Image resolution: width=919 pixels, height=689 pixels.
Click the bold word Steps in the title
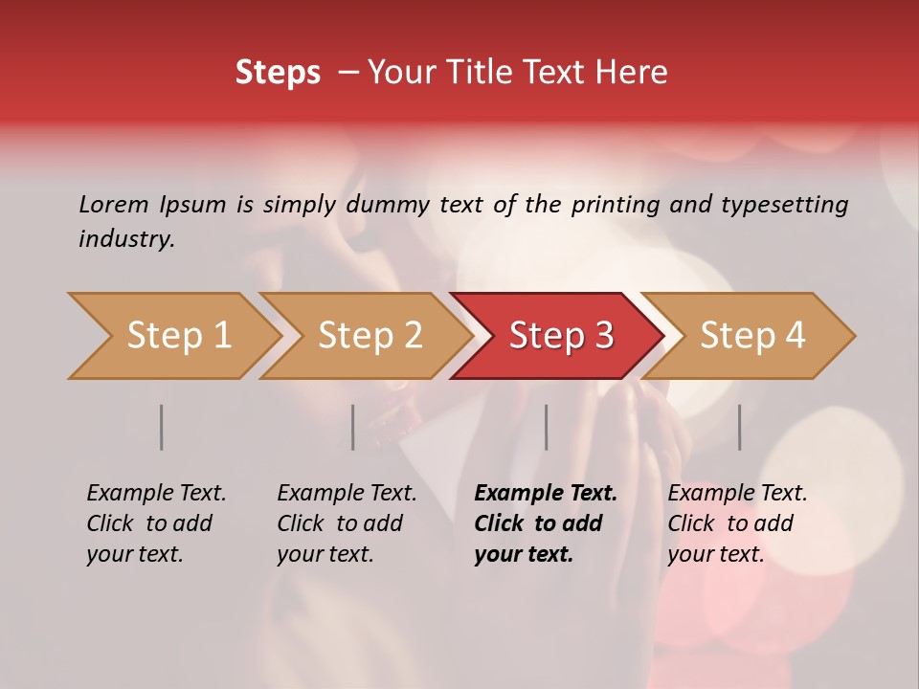[278, 73]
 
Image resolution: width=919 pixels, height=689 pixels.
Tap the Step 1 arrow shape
[176, 336]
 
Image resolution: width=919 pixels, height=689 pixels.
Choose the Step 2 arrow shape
[368, 336]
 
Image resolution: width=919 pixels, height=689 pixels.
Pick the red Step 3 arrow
[559, 336]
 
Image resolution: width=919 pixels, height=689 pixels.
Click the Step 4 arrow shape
[751, 336]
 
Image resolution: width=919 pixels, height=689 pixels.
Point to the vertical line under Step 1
[161, 427]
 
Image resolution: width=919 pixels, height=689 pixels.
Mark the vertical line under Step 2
[352, 427]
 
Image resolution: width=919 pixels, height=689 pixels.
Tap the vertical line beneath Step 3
[546, 427]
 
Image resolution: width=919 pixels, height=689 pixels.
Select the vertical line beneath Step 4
[739, 427]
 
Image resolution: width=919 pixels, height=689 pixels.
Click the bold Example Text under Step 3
[546, 494]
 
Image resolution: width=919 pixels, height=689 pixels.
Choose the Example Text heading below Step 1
[156, 494]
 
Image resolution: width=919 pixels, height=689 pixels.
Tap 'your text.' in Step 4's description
[716, 554]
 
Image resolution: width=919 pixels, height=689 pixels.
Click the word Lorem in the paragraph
[114, 205]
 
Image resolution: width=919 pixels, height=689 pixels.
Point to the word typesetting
[784, 205]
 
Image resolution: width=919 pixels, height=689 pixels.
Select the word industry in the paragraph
[126, 239]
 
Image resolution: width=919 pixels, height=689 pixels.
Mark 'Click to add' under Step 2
[340, 523]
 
